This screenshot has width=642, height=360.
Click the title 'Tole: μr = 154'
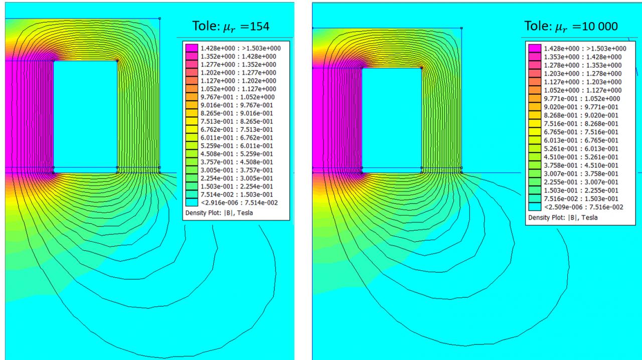click(231, 27)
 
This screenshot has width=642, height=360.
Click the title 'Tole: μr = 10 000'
click(571, 27)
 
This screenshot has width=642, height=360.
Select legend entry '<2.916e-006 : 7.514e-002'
click(239, 203)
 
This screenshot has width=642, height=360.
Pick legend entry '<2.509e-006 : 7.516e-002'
click(583, 207)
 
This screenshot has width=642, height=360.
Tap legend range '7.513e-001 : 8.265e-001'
click(237, 121)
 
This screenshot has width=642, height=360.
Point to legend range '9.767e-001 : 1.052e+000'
click(237, 97)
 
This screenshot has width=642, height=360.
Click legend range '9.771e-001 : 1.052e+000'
click(582, 99)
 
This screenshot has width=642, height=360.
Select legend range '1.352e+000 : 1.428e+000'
click(238, 57)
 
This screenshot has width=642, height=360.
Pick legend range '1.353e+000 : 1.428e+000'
click(583, 57)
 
